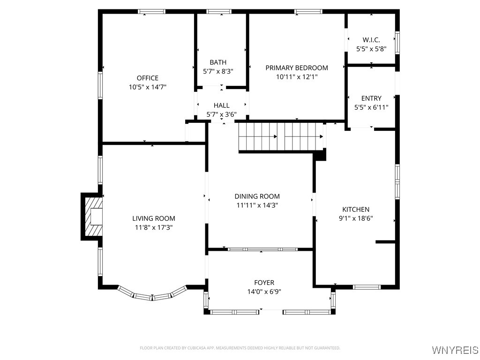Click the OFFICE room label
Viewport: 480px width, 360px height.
coord(148,78)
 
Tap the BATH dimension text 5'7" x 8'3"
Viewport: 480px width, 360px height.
coord(218,71)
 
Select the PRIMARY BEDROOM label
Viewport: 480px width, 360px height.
coord(297,68)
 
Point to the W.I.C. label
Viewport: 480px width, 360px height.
coord(371,40)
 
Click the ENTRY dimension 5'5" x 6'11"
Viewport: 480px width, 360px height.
coord(371,107)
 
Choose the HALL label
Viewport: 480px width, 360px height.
coord(222,105)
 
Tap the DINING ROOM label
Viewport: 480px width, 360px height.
coord(257,196)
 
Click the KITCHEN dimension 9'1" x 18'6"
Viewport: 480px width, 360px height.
coord(356,218)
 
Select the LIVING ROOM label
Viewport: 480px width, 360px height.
coord(154,218)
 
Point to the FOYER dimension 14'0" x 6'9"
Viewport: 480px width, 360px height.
coord(264,292)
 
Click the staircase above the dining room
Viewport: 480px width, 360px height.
coord(281,136)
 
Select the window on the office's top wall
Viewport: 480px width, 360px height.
coord(151,12)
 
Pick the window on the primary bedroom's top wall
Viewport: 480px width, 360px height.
coord(308,12)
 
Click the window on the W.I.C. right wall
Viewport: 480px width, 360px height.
coord(397,43)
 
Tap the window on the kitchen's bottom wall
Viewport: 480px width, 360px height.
coord(367,287)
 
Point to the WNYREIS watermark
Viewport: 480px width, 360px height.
coord(455,350)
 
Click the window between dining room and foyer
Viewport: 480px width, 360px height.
coord(262,249)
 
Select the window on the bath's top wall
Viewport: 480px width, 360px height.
coord(219,12)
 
